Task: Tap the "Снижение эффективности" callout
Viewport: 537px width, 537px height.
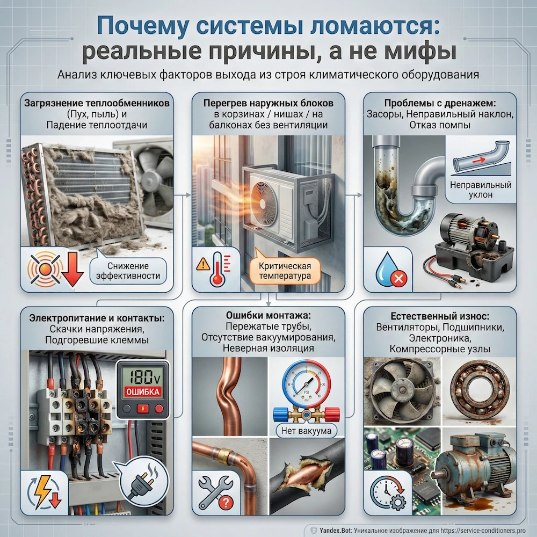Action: pyautogui.click(x=128, y=271)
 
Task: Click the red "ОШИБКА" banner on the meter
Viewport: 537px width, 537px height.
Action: pyautogui.click(x=141, y=391)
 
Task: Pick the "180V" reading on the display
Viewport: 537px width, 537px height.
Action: pyautogui.click(x=141, y=375)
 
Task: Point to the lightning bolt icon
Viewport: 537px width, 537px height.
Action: pyautogui.click(x=40, y=490)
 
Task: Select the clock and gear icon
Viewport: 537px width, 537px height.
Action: pyautogui.click(x=388, y=491)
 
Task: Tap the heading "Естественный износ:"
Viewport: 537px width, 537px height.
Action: pyautogui.click(x=440, y=315)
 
